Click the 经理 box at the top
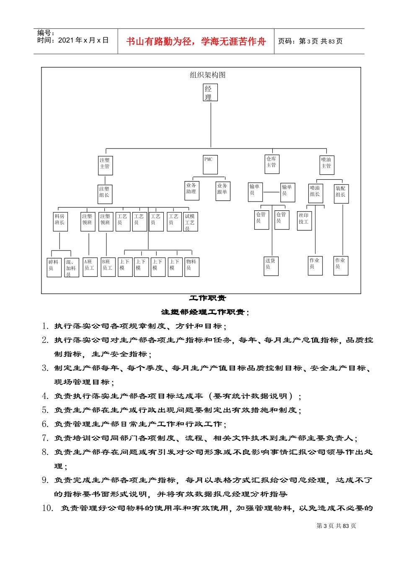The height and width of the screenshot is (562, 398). tap(210, 93)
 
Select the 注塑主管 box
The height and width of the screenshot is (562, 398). tap(105, 165)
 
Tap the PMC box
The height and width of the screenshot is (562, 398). tap(210, 165)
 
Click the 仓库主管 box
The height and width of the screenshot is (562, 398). tap(272, 164)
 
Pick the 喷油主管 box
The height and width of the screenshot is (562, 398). tap(327, 165)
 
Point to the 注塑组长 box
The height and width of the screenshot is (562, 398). tap(105, 194)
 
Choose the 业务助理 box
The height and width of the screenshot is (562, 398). tap(192, 191)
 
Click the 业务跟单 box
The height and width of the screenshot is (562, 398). tap(223, 191)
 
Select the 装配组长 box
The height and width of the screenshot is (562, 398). tap(341, 194)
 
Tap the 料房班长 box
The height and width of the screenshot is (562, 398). tap(60, 222)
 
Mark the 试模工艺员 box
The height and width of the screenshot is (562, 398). tap(191, 222)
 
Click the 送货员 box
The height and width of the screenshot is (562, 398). tap(271, 266)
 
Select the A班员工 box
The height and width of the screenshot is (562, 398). tap(90, 267)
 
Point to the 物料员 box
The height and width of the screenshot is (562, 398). tap(192, 267)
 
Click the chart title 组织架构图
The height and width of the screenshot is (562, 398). tap(208, 75)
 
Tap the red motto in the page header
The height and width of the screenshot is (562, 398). tap(196, 41)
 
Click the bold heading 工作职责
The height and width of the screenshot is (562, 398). tap(207, 298)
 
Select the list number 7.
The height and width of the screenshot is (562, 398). tap(45, 438)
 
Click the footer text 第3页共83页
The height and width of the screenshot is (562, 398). tap(336, 526)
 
